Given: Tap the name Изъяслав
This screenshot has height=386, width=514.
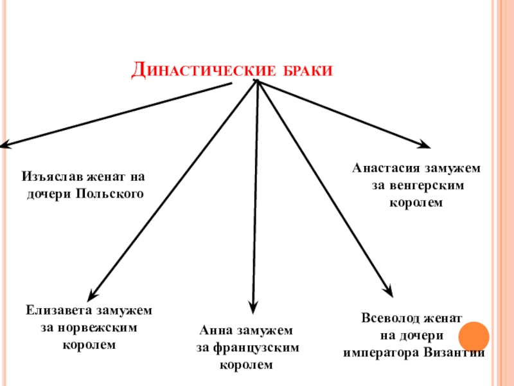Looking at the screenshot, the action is [x=51, y=176].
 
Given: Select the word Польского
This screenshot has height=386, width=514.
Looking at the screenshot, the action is [x=109, y=192].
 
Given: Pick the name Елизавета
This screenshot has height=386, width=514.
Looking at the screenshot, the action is [x=59, y=311].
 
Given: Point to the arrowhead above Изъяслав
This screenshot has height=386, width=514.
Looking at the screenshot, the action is [x=4, y=146].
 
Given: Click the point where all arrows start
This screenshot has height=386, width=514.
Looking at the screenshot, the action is [x=257, y=82].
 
